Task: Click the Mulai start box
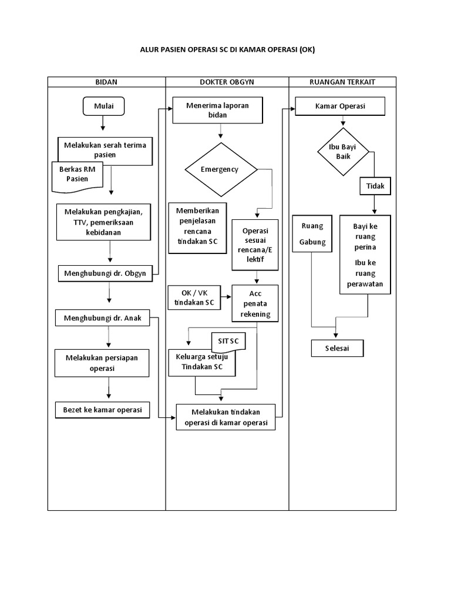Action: pyautogui.click(x=103, y=106)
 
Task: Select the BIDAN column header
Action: pyautogui.click(x=106, y=82)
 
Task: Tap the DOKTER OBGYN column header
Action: pyautogui.click(x=227, y=82)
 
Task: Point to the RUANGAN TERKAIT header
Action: pyautogui.click(x=342, y=82)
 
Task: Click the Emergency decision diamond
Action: pyautogui.click(x=221, y=169)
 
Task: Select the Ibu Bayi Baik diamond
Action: pyautogui.click(x=343, y=152)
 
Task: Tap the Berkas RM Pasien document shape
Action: pyautogui.click(x=77, y=175)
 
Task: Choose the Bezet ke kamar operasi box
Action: pyautogui.click(x=102, y=410)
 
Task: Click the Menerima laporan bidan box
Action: pyautogui.click(x=217, y=111)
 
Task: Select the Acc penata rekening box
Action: pyautogui.click(x=255, y=304)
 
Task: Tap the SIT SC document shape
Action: pyautogui.click(x=228, y=342)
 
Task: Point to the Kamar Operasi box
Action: pyautogui.click(x=340, y=107)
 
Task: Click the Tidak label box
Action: pyautogui.click(x=375, y=186)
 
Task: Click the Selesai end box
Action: pyautogui.click(x=337, y=348)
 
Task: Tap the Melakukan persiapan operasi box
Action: pyautogui.click(x=102, y=363)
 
